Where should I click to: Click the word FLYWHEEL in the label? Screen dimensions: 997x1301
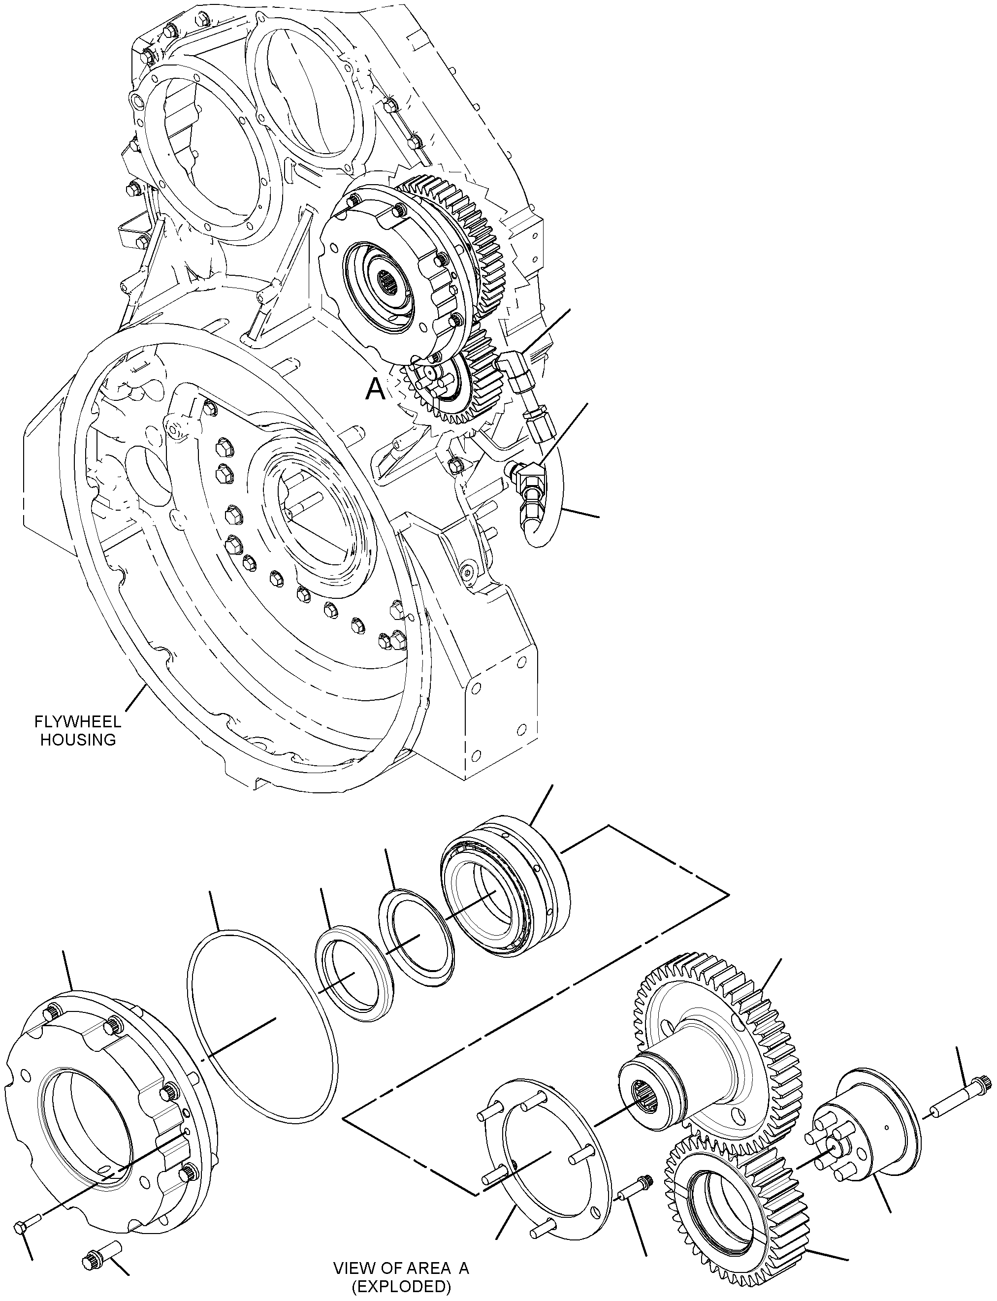(x=78, y=722)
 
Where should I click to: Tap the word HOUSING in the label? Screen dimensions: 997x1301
(x=78, y=740)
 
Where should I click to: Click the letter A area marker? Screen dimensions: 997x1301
(x=375, y=390)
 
